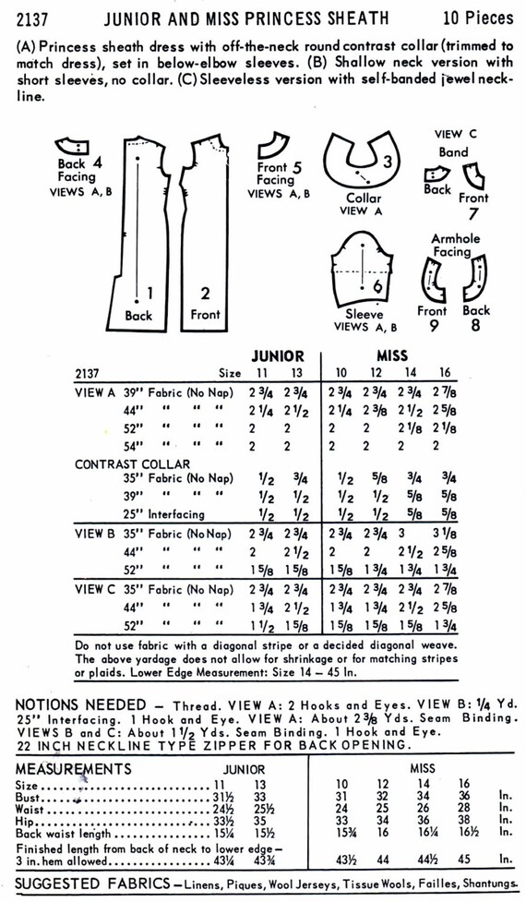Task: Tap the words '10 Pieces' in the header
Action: click(x=476, y=17)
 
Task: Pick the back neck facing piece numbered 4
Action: click(x=70, y=145)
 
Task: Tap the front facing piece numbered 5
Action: click(x=269, y=143)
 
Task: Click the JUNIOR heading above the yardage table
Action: click(x=277, y=355)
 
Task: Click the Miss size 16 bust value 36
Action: click(x=463, y=796)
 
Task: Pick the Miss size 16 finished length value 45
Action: click(x=463, y=860)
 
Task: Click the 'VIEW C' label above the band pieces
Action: click(x=448, y=133)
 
